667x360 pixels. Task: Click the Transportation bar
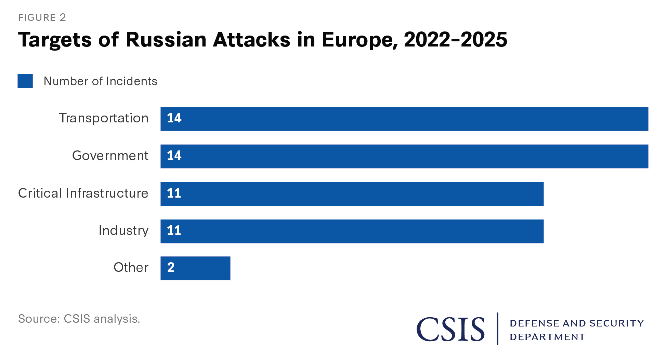coord(404,119)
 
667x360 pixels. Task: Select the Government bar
coord(404,156)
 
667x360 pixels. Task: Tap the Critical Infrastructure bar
coord(352,194)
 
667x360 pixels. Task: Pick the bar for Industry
coord(352,231)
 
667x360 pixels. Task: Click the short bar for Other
coord(195,268)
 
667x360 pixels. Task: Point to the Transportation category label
coord(104,118)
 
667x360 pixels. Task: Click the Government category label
coord(110,156)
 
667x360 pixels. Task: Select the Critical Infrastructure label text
coord(83,193)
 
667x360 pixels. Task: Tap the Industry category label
coord(123,230)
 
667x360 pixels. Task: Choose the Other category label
coord(131,267)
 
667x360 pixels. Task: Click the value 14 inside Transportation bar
coord(174,118)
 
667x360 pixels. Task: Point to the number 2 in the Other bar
coord(171,267)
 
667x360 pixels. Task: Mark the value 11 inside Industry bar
coord(174,230)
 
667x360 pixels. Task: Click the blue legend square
coord(25,81)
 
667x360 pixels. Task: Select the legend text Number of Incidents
coord(100,81)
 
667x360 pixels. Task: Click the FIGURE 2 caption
coord(42,17)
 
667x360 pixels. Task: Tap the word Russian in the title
coord(166,40)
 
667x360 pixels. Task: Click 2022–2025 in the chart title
coord(455,40)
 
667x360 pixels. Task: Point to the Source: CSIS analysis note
coord(79,319)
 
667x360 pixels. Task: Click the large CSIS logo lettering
coord(450,329)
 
